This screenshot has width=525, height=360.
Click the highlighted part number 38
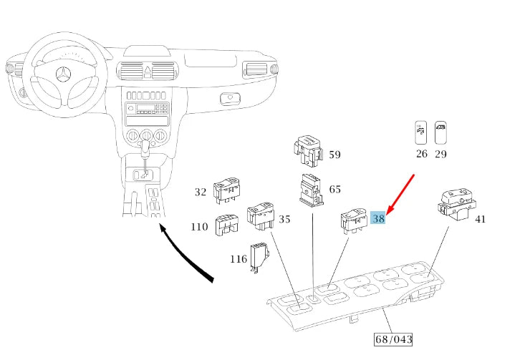[379, 219]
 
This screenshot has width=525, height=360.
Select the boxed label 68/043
[393, 339]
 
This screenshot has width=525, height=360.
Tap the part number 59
[334, 155]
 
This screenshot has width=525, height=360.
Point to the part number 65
[334, 190]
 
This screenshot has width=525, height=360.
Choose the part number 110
[200, 227]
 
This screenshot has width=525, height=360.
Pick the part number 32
[201, 192]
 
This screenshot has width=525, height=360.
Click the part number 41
[480, 219]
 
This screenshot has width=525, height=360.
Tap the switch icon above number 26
[420, 132]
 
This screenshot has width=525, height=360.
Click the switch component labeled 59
[307, 147]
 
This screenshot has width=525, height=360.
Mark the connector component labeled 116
[258, 257]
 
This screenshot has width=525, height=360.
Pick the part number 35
[285, 219]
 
